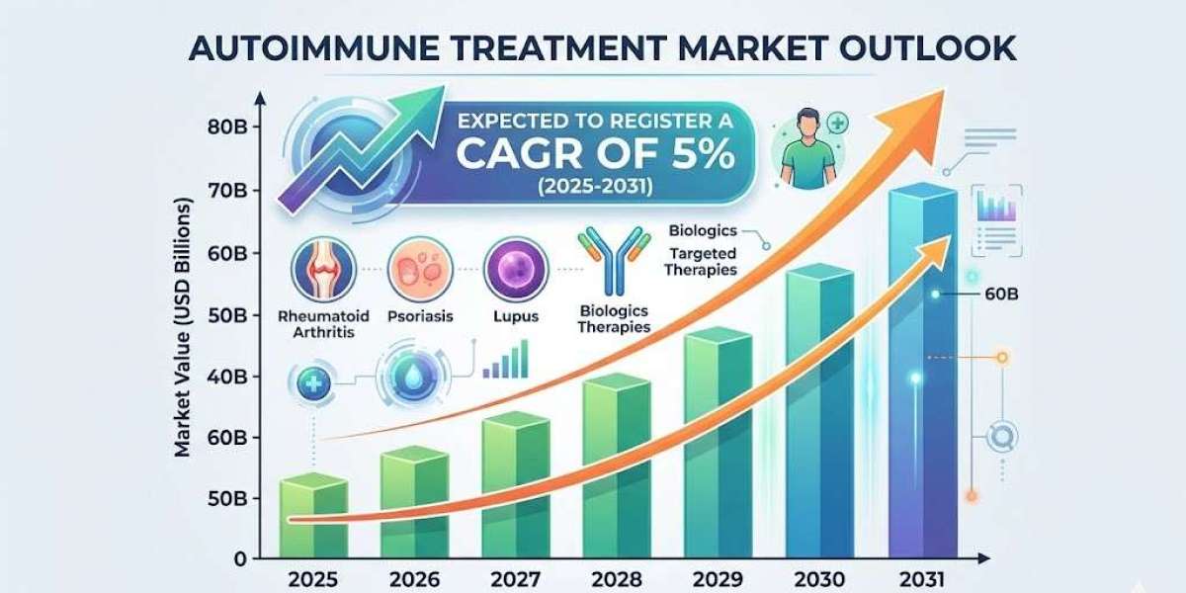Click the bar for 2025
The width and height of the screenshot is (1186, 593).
[314, 519]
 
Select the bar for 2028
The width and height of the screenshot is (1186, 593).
[590, 469]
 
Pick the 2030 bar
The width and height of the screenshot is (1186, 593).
[818, 415]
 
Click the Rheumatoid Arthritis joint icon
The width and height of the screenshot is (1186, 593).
[322, 272]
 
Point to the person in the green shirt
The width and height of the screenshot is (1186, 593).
[798, 153]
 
